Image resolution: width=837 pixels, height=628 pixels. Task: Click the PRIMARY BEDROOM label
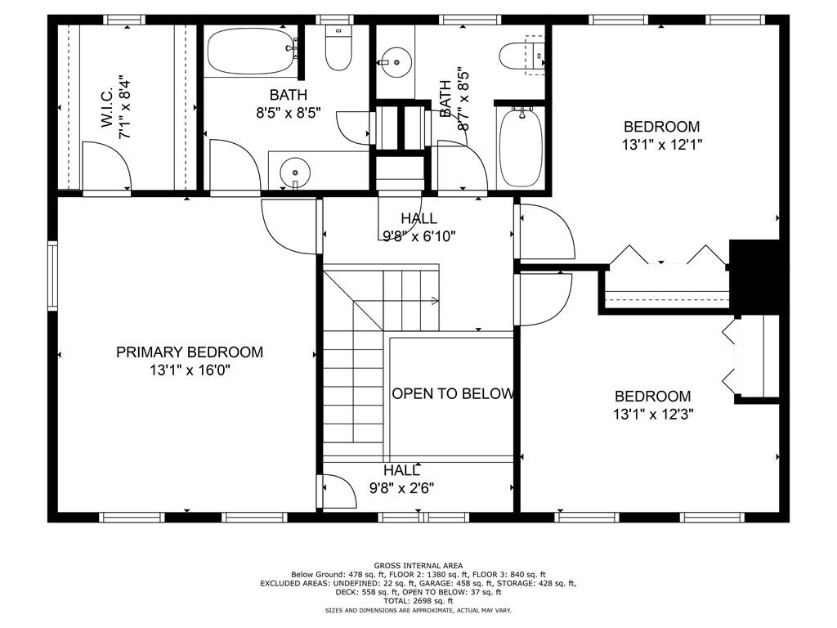tap(190, 352)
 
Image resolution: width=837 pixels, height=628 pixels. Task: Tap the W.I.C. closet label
tap(107, 107)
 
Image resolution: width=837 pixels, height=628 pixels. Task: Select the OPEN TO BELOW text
tap(452, 393)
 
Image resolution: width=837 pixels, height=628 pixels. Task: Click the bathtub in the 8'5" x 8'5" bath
tap(250, 52)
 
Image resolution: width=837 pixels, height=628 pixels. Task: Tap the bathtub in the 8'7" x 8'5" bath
tap(519, 147)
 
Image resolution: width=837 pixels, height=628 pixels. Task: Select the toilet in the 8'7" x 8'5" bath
tap(521, 56)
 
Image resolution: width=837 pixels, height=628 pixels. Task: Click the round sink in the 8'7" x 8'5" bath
tap(394, 60)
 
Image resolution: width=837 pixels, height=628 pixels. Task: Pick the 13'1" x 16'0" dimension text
tap(190, 370)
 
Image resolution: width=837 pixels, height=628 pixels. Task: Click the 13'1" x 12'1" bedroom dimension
tap(661, 145)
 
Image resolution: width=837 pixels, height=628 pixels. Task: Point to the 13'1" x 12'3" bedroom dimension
tap(652, 415)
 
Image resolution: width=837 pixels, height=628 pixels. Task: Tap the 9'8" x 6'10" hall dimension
tap(418, 236)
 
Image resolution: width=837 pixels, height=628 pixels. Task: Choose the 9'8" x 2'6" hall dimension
tap(401, 488)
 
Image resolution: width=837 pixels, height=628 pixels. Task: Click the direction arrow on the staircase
tap(433, 302)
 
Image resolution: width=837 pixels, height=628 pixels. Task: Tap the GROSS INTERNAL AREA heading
tap(418, 565)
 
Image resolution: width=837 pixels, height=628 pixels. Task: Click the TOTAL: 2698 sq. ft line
tap(418, 601)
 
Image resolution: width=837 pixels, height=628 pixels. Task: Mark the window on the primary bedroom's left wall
tap(52, 276)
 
